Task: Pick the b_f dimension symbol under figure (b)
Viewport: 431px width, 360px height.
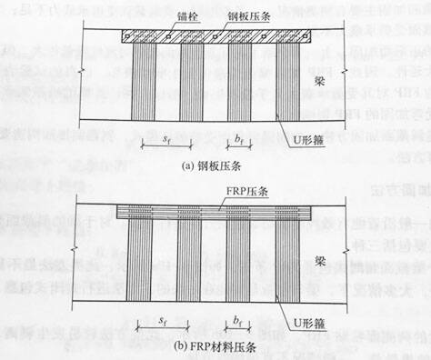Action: click(x=237, y=320)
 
